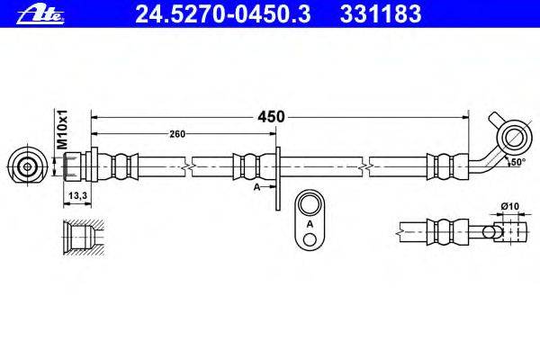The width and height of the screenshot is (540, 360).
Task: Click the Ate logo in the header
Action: click(40, 14)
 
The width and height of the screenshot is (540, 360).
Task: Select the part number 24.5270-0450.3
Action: click(223, 14)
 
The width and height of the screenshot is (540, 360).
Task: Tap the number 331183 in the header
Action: click(381, 14)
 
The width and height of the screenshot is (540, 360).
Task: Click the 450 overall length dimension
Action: click(271, 117)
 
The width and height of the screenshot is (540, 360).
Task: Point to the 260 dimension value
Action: click(177, 134)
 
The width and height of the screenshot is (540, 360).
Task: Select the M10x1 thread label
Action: click(63, 130)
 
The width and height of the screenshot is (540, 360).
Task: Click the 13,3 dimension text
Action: click(77, 195)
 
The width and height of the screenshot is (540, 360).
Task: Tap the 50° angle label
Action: click(518, 162)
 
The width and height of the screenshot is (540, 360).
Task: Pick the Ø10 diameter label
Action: click(510, 206)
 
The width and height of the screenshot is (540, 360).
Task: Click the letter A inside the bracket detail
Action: click(310, 224)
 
